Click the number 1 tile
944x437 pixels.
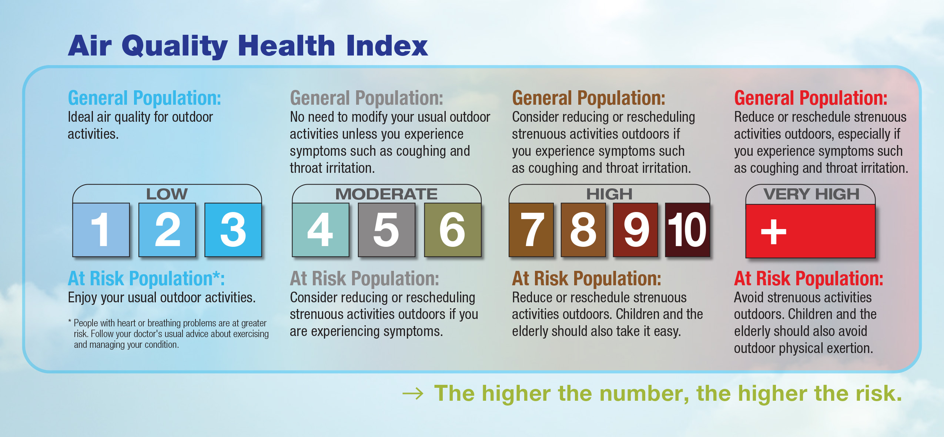coord(101,230)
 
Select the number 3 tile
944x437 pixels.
coord(233,230)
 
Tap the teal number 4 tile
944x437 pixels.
coord(321,230)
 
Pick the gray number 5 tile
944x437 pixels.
coord(386,230)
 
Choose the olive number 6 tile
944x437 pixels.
coord(453,230)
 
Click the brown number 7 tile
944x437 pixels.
coord(531,230)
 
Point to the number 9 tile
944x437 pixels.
coord(636,230)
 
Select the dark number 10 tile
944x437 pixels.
coord(687,230)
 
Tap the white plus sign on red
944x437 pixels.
coord(773,232)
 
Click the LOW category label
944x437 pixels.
coord(167,194)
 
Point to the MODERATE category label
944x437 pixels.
coord(386,194)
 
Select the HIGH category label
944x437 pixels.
coord(609,194)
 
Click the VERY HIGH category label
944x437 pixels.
coord(811,194)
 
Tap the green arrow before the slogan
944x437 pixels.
coord(413,394)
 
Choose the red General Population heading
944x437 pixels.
coord(811,98)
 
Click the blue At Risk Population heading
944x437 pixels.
coord(146,279)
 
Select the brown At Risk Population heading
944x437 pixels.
coord(586,279)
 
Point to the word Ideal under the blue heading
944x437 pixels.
coord(81,117)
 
